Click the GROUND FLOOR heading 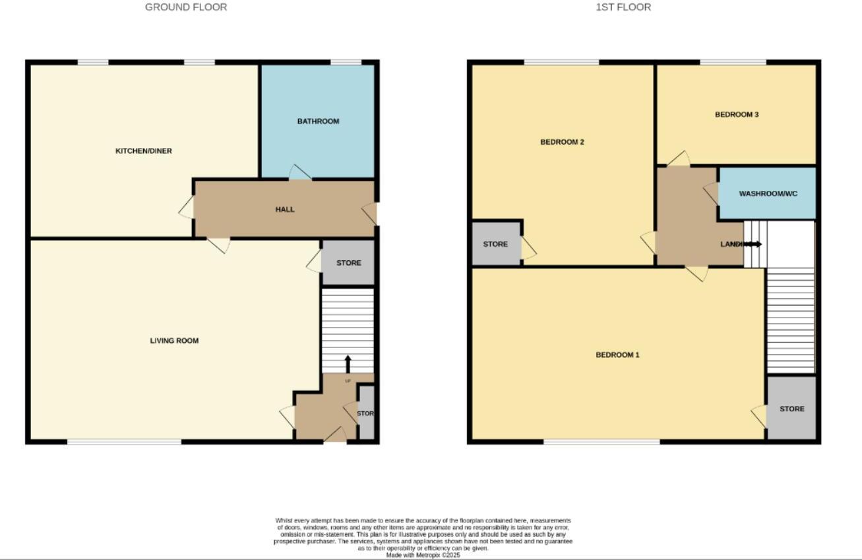coord(186,7)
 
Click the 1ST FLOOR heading coord(623,7)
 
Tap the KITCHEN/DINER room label coord(144,151)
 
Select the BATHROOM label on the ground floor coord(318,122)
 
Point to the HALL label coord(285,209)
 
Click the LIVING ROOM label coord(174,341)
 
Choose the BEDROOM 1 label coord(617,355)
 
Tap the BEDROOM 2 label coord(562,142)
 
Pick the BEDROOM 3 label coord(737,115)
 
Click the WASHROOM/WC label coord(768,194)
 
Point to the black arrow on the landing coord(753,244)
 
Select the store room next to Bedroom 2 coord(496,244)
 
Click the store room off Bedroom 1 coord(791,409)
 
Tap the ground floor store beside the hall coord(348,263)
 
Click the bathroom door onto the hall coord(300,172)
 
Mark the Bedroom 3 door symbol coord(679,158)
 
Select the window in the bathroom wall coord(346,63)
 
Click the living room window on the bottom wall coord(124,442)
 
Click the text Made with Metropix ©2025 coord(423,555)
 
